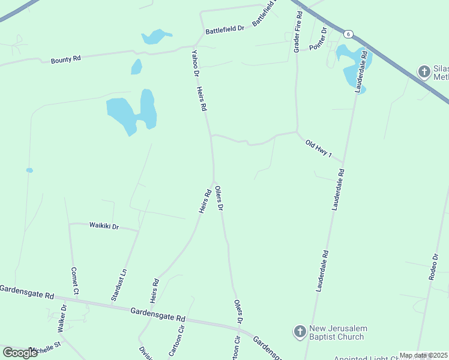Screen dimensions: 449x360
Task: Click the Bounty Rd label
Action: click(x=65, y=59)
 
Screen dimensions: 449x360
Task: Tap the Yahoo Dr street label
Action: click(x=194, y=63)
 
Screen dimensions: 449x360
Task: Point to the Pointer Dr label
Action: click(x=318, y=39)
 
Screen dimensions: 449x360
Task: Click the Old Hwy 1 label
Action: click(x=318, y=148)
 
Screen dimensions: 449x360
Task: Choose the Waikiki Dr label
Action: click(x=104, y=226)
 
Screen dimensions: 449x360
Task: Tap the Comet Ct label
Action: click(x=74, y=280)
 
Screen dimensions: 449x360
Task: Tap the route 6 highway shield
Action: click(x=348, y=34)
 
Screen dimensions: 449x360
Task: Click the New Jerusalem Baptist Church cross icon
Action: click(x=300, y=331)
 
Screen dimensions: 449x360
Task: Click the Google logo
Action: click(x=20, y=352)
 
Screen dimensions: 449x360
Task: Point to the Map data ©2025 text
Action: click(x=423, y=355)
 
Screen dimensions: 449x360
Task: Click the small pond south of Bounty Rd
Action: click(x=136, y=67)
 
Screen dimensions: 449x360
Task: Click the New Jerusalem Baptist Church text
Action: click(x=338, y=332)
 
